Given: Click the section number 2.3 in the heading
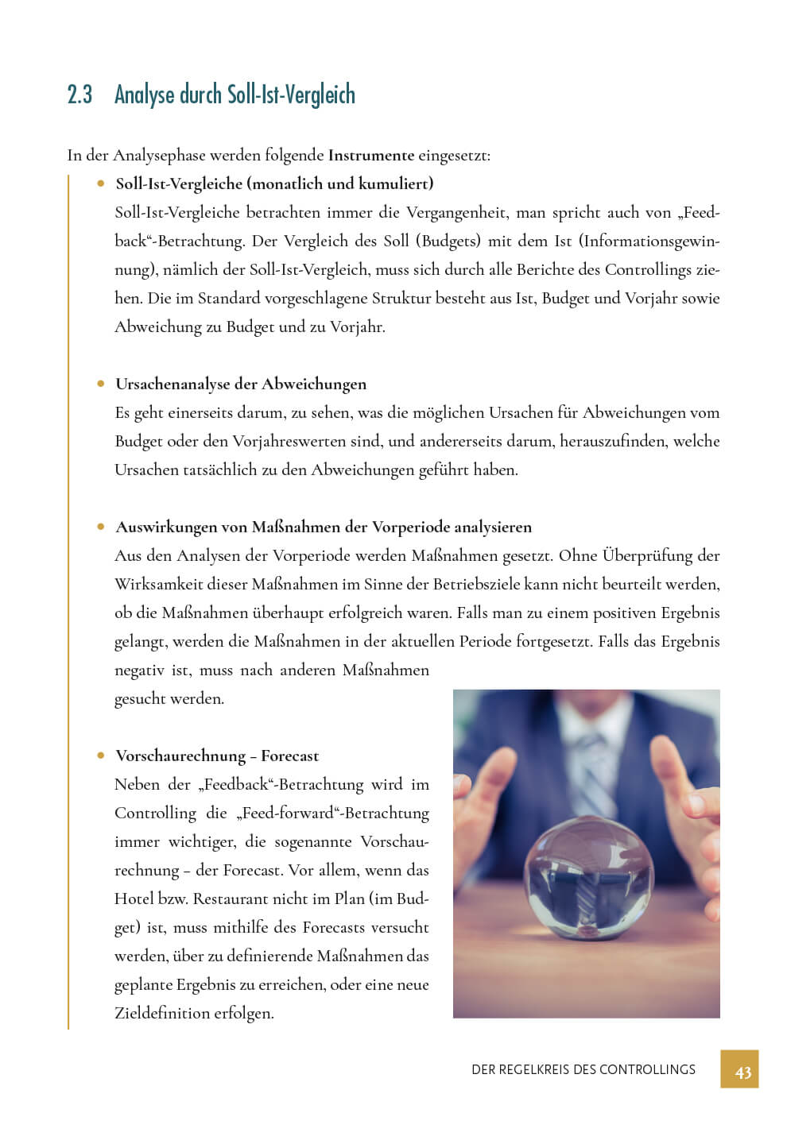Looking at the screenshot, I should coord(79,95).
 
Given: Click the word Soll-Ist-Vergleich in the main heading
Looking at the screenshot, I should coord(291,95).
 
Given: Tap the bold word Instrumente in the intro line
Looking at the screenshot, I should coord(370,155).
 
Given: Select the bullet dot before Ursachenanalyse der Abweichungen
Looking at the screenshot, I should coord(101,384).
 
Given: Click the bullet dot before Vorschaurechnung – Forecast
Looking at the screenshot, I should coord(101,756).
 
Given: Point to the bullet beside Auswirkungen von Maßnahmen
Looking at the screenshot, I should coord(101,527).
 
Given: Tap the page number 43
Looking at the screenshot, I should coord(742,1072).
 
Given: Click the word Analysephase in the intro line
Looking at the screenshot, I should coord(159,156).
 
